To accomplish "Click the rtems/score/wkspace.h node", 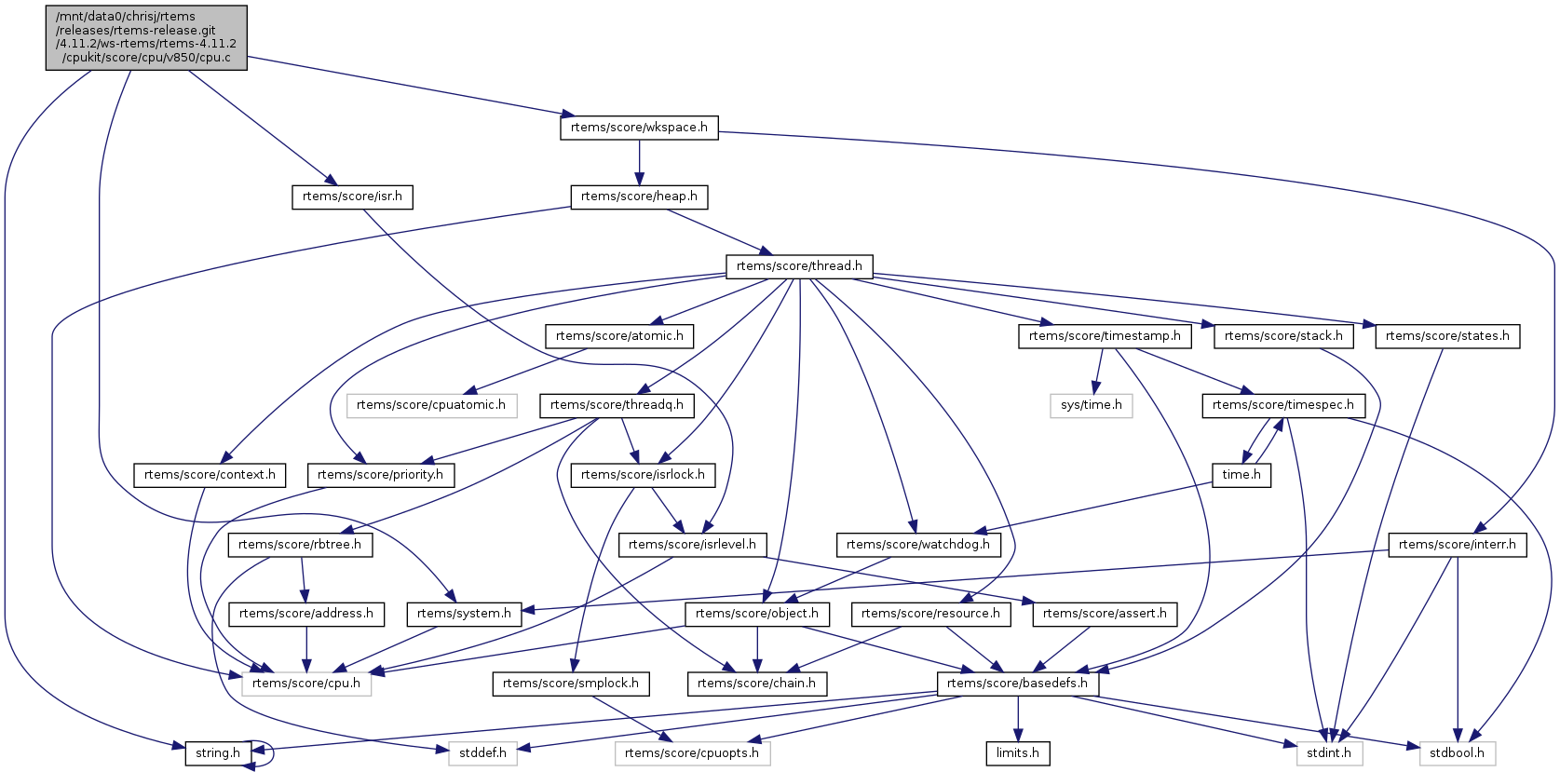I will pos(639,128).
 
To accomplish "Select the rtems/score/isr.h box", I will pos(352,196).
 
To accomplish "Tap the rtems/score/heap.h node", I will pos(639,196).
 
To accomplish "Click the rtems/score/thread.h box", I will pos(799,266).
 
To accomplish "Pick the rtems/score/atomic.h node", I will pos(619,336).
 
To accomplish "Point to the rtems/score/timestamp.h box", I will pos(1105,336).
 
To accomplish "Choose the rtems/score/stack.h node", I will pos(1283,336).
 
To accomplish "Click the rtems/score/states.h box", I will pos(1447,336).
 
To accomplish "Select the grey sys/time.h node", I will pos(1092,405).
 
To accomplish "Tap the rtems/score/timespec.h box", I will pos(1283,405).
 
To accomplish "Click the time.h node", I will pos(1241,475).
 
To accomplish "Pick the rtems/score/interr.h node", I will pos(1458,545).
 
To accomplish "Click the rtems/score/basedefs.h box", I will pos(1017,684).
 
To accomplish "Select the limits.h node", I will pos(1018,753).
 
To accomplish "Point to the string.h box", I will pos(218,753).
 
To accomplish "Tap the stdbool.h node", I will pos(1458,753).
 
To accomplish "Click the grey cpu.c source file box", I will pos(146,37).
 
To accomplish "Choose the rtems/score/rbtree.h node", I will pos(300,545).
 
